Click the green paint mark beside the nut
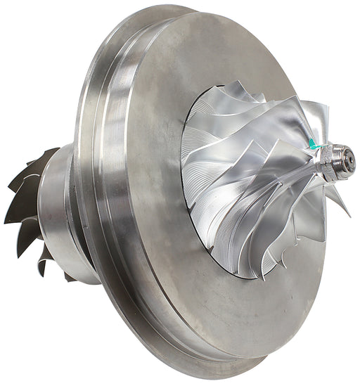click(314, 145)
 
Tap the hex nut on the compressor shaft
click(330, 157)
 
